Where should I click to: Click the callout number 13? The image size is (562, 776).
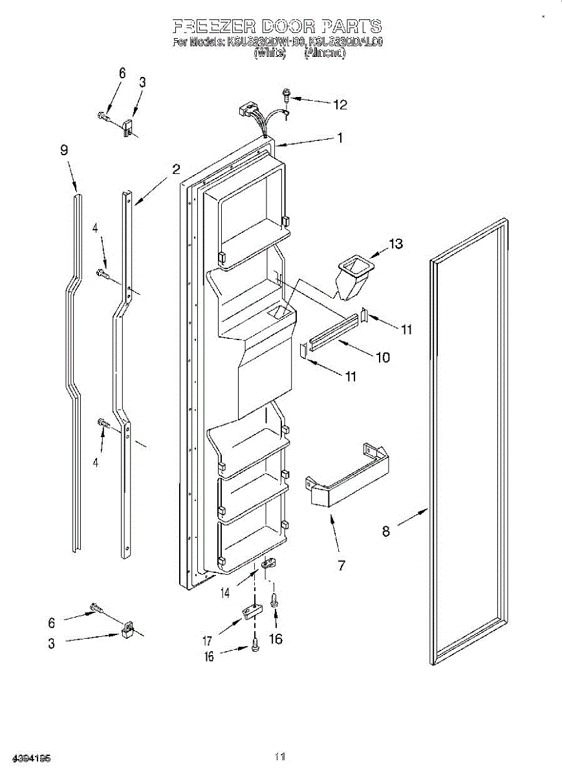(395, 244)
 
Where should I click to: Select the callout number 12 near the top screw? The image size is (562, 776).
(340, 104)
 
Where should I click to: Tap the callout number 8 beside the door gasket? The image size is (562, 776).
(386, 531)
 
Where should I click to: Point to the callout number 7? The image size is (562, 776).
(340, 566)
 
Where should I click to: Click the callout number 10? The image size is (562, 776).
(383, 356)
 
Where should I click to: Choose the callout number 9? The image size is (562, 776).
(64, 150)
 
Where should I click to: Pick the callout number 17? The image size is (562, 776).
(208, 641)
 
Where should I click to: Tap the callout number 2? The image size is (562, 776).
(175, 169)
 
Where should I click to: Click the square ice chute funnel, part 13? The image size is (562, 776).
(352, 275)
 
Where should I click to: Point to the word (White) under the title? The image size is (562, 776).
(270, 54)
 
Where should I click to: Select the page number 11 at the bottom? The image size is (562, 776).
(280, 756)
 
